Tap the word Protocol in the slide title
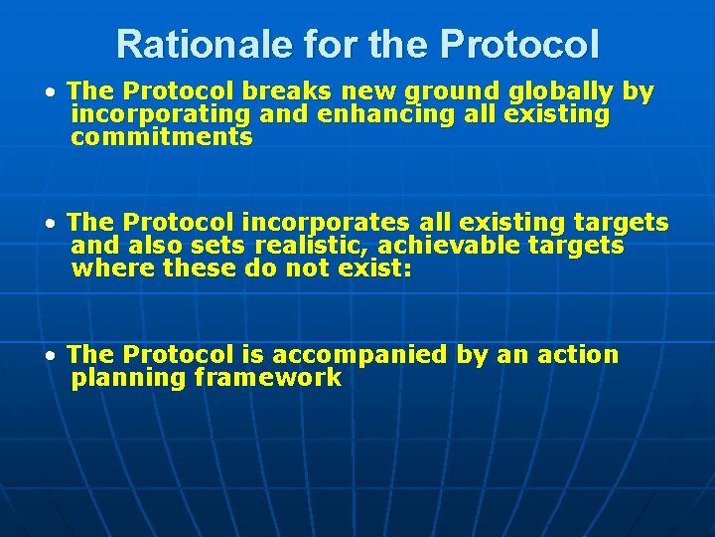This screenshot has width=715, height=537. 519,44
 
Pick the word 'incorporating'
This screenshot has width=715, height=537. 161,115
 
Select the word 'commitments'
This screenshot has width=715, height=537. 162,137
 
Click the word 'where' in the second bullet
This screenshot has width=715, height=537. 112,268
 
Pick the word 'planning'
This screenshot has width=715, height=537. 128,378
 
